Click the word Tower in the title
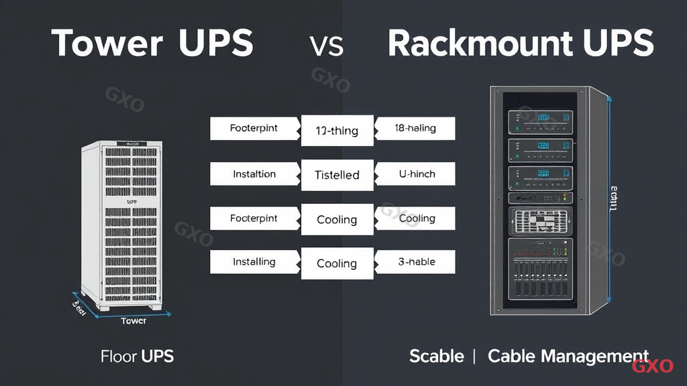coord(107,44)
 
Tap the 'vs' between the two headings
coord(327,45)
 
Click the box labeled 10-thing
coord(337,131)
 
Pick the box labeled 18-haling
coord(415,128)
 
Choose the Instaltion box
coord(254,174)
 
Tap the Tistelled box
coord(337,175)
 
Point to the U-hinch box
coord(415,174)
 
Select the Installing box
coord(254,261)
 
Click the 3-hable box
coord(415,261)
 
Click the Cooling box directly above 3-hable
coord(415,218)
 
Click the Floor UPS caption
coord(137,356)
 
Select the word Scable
coord(436,356)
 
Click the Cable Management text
coord(568,356)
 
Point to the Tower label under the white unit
coord(133,321)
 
